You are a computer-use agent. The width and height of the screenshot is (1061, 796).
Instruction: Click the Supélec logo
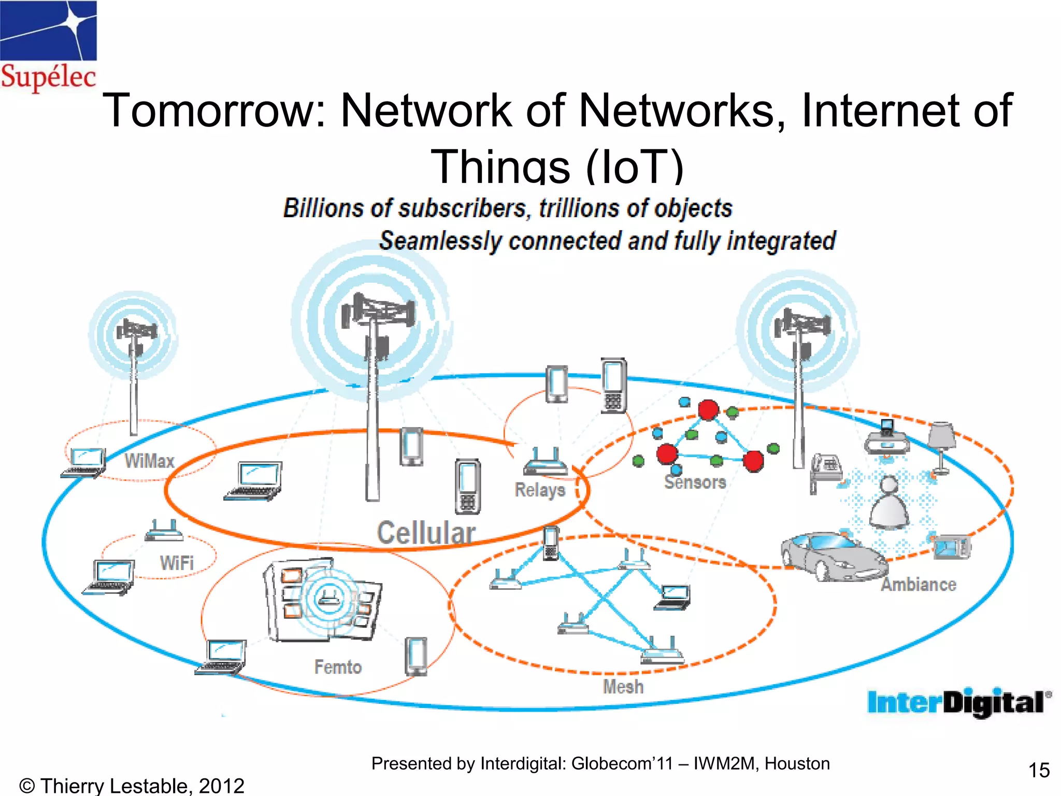[x=48, y=47]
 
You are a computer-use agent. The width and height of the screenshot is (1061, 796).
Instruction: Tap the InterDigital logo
[x=958, y=703]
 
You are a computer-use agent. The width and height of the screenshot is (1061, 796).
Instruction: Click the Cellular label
[x=426, y=533]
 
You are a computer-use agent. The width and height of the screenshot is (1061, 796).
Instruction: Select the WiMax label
[x=149, y=461]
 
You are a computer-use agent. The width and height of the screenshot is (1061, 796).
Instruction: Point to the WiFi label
[x=177, y=563]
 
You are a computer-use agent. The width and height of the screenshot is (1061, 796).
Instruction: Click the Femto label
[x=338, y=667]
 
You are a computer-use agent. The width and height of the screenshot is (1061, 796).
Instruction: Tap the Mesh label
[x=623, y=687]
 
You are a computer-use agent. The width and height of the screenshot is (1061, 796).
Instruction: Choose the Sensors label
[x=695, y=482]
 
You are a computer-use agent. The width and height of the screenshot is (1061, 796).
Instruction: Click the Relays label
[x=540, y=490]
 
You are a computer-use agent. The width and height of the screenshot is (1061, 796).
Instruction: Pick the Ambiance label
[x=919, y=585]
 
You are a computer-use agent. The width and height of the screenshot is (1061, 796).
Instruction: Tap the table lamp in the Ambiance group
[x=941, y=446]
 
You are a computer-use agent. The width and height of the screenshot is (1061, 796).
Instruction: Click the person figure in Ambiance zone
[x=889, y=503]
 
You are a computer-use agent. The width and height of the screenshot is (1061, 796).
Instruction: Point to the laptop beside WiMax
[x=84, y=463]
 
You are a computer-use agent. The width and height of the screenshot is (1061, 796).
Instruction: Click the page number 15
[x=1038, y=770]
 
